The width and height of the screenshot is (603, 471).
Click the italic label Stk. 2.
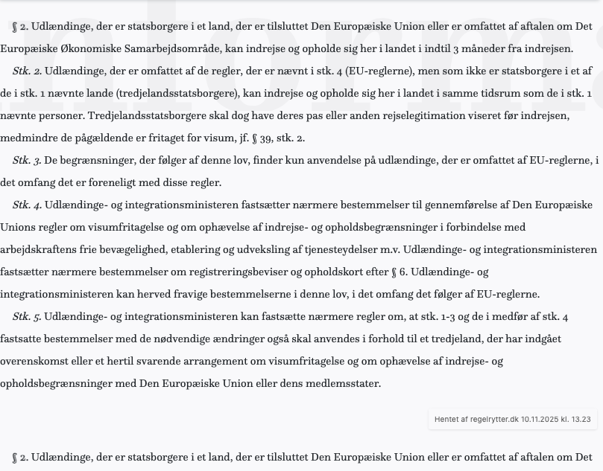(28, 71)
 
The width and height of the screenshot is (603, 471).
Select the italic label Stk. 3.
(28, 161)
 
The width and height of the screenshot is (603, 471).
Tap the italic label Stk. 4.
(28, 205)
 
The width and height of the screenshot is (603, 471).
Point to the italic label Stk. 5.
(28, 317)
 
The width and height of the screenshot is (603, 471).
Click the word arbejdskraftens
(37, 250)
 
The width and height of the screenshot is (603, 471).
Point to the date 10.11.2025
(541, 420)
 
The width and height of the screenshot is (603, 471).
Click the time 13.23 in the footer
(581, 420)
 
